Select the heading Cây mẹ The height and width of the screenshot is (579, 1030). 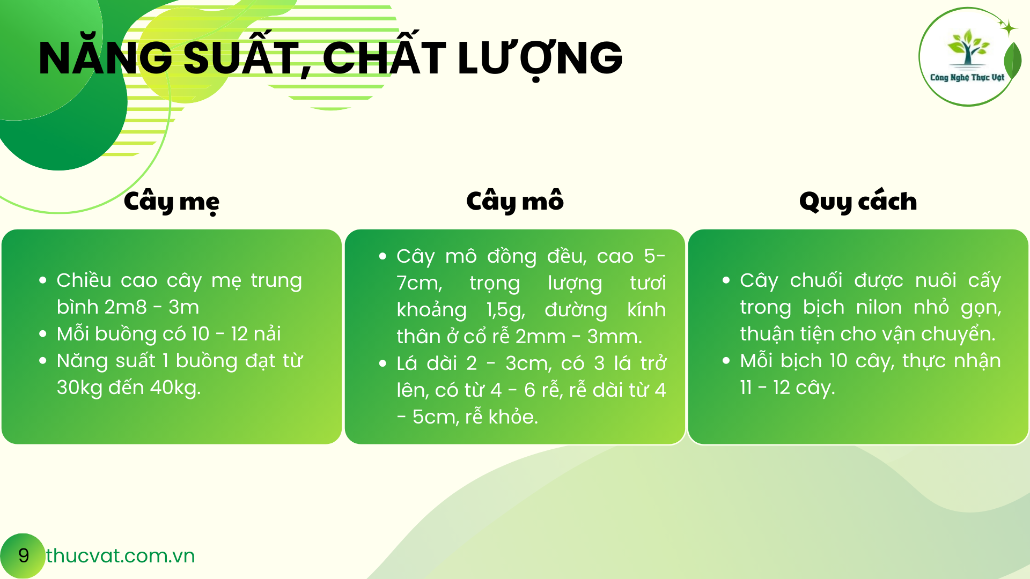pos(172,202)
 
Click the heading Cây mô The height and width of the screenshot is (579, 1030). pos(515,201)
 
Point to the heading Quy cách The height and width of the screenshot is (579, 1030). pos(858,201)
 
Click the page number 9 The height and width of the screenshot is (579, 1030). pos(24,555)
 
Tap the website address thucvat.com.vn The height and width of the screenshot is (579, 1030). pos(120,556)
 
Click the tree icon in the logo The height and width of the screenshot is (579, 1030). pos(968,47)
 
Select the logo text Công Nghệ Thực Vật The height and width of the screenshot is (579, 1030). pos(967,77)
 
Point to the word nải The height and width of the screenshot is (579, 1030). pos(268,334)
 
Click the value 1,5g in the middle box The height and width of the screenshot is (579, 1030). pos(506,310)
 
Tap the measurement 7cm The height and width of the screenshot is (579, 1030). pos(419,283)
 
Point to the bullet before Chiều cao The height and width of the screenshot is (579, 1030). pos(43,280)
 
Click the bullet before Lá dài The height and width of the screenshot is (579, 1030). pos(382,363)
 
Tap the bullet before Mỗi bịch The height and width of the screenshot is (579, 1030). pos(726,361)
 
